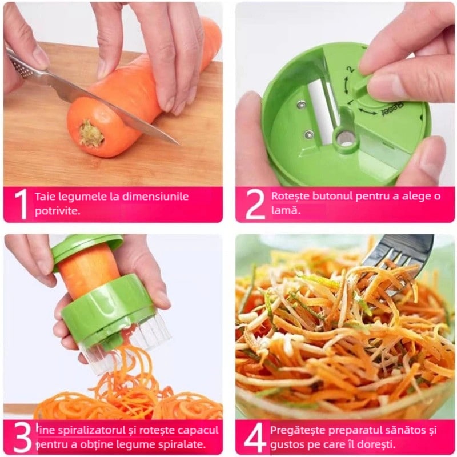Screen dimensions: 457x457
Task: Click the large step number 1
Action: click(22, 204)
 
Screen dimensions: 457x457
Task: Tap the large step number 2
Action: click(255, 204)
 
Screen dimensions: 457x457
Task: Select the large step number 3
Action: click(23, 438)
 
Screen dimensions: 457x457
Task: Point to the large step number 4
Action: click(255, 438)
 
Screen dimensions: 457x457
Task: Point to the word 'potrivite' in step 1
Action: click(57, 211)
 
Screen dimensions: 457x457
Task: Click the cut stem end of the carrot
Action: click(91, 133)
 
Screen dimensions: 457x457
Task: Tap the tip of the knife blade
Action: click(179, 145)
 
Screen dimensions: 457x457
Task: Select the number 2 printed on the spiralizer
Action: click(350, 69)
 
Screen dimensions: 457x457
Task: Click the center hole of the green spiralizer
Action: click(345, 138)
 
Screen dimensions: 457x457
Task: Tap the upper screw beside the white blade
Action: click(302, 104)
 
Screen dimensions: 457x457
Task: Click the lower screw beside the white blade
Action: click(308, 134)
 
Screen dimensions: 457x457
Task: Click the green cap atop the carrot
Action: click(87, 248)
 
